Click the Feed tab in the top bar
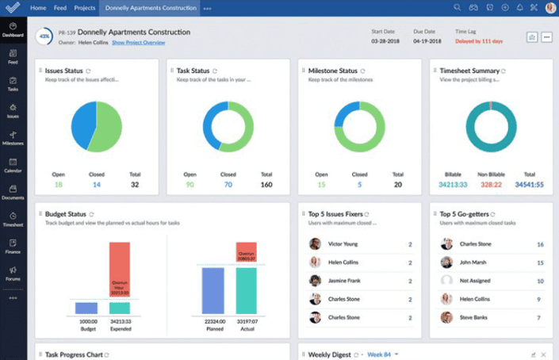click(59, 8)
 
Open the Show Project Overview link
click(138, 42)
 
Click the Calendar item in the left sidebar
click(13, 165)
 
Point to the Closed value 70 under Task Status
click(228, 184)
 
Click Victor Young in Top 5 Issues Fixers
click(343, 244)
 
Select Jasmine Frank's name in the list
click(346, 281)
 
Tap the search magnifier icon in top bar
click(458, 8)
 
